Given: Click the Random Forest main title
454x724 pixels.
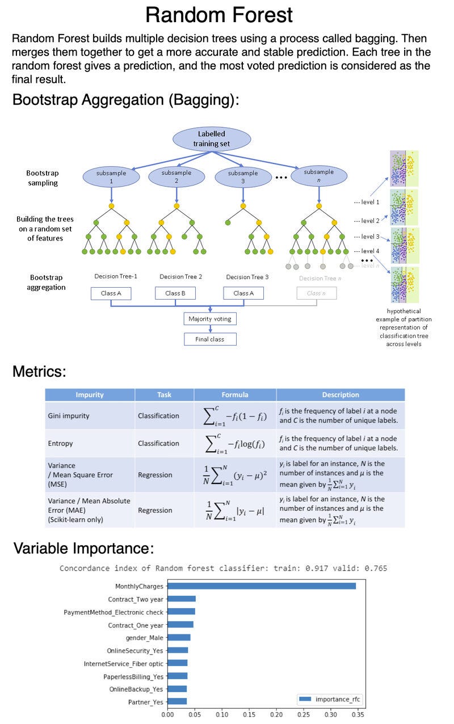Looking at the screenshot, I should coord(219,14).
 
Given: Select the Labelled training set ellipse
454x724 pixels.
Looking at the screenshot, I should coord(211,139).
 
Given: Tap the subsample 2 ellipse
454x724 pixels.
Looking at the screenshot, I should coord(176,176).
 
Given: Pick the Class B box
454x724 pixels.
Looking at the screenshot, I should coord(175,293).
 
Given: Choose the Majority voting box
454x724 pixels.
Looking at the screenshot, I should coord(210,319).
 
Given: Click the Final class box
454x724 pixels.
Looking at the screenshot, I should coord(210,339).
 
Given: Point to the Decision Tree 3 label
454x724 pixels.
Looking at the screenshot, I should coord(247,277).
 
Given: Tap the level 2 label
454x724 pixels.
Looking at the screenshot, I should coord(366,221).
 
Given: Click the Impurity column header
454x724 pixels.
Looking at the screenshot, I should coord(90,395).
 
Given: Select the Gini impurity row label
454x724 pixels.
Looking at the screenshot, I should coord(69,416).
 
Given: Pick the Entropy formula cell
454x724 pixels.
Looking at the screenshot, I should coord(234,444).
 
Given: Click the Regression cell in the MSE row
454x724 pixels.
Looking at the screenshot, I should coord(156,475).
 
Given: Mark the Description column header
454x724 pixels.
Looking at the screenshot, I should coord(340,395).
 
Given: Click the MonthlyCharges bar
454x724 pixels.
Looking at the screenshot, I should coord(262,586).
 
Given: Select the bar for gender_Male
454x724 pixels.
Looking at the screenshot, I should coord(179,637).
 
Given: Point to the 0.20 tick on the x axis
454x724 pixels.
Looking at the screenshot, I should coord(276,716).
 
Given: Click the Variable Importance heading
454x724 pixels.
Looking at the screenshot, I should coord(83,549).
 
